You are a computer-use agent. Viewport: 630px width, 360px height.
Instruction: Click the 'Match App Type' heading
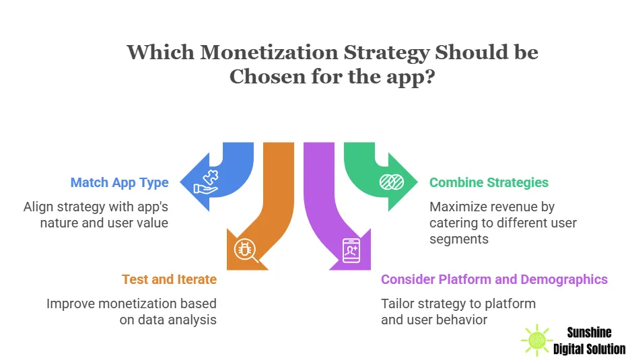coord(120,182)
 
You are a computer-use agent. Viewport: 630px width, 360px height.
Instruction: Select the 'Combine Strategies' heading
coord(489,182)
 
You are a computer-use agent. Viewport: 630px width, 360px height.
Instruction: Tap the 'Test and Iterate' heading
coord(169,279)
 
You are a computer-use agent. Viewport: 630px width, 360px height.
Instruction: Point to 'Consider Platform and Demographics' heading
coord(494,279)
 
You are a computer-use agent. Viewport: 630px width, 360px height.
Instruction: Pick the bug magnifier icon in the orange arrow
coord(244,249)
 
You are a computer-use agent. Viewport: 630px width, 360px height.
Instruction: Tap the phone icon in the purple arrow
coord(351,249)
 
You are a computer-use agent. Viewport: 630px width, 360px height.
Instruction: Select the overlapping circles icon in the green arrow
coord(391,182)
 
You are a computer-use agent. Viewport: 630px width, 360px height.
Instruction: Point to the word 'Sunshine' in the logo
coord(590,332)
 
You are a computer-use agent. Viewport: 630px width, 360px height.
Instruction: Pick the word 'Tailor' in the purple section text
coord(400,303)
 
